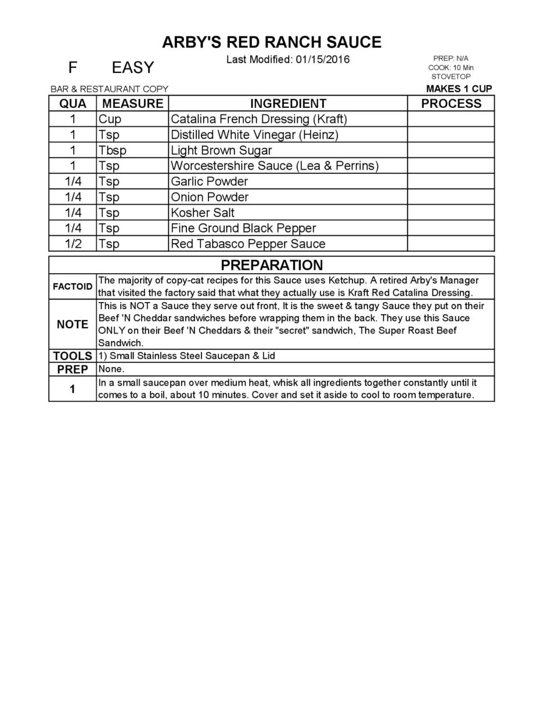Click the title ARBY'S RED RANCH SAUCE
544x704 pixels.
tap(271, 42)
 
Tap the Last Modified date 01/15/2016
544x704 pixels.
tap(322, 60)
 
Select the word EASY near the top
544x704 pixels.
tap(132, 68)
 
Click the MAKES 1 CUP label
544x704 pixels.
tap(459, 89)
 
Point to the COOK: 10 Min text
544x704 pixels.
tap(451, 67)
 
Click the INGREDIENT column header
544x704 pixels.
tap(288, 104)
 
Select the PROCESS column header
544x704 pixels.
tap(451, 104)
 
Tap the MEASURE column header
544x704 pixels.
tap(132, 104)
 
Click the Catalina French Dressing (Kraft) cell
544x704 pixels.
tap(258, 119)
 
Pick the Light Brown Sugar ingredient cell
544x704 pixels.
tap(221, 151)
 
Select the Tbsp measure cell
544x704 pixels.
tap(112, 151)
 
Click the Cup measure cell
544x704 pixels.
tap(110, 119)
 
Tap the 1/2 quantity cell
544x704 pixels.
tap(73, 244)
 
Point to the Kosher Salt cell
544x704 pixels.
tap(203, 213)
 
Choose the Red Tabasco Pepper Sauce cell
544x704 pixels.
tap(248, 244)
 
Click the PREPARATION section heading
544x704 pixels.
tap(271, 265)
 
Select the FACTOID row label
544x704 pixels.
tap(73, 286)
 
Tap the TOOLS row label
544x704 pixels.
tap(73, 356)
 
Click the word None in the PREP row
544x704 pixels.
tap(111, 369)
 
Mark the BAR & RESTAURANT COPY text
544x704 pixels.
tap(109, 89)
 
